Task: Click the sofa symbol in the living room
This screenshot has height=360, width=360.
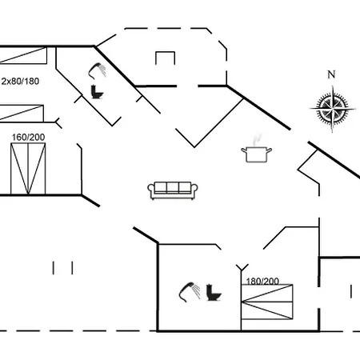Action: coord(173,190)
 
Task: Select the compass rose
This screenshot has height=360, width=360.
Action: coord(332,109)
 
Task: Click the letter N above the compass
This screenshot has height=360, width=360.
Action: coord(331,74)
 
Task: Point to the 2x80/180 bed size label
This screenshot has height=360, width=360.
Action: coord(20,81)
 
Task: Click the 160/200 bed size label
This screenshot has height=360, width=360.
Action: coord(28,137)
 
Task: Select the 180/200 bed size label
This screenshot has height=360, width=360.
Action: coord(262,281)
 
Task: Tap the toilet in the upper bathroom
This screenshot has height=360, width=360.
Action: coord(97,92)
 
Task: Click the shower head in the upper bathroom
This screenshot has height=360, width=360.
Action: coord(98,70)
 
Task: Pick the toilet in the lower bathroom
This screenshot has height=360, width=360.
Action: coord(214,293)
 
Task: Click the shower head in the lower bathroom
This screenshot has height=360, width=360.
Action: coord(190,292)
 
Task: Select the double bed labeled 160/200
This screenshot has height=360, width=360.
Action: coord(28,169)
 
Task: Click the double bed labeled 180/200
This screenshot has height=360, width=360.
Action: coord(267,302)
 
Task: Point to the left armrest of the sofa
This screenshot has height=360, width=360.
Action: coord(151,188)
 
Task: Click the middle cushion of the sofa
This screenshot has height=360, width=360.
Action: coord(173,187)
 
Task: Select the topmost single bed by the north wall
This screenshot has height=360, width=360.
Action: coord(23,55)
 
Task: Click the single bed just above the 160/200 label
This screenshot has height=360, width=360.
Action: coord(22,114)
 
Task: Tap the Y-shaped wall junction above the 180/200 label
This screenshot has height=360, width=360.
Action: coord(242,268)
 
